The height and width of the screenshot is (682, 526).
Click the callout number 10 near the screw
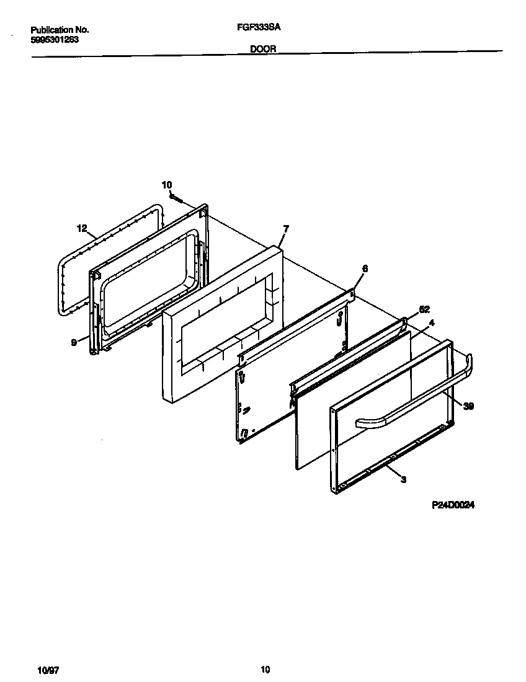166,184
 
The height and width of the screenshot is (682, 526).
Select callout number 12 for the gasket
82,228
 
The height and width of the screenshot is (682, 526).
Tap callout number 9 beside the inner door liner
74,340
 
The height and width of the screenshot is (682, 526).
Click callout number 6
364,268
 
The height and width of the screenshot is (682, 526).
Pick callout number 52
424,309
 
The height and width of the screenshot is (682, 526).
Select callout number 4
432,322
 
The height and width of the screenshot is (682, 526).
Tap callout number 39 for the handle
468,406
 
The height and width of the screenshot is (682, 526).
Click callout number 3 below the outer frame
404,479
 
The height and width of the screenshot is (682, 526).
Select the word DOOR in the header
263,48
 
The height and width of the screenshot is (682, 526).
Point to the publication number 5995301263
55,39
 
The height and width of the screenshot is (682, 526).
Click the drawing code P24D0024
453,505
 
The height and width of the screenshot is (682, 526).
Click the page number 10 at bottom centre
265,670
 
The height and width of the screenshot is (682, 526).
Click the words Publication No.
60,30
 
